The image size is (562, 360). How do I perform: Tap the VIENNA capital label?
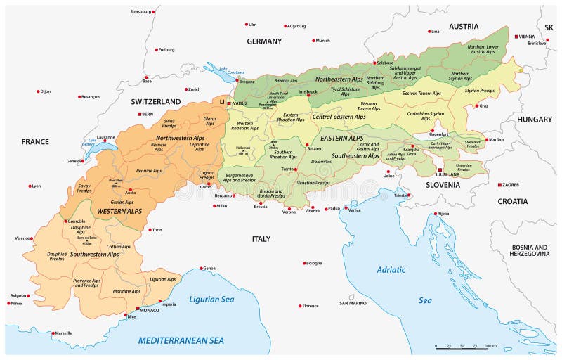(x=527, y=36)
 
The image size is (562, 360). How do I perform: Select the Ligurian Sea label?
(x=210, y=300)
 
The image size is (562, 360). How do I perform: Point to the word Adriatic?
(x=391, y=269)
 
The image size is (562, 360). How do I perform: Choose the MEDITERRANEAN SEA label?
(x=181, y=340)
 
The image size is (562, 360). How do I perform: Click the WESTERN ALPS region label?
(x=119, y=211)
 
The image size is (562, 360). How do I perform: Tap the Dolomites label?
(x=320, y=162)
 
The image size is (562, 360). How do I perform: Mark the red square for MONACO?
(x=138, y=308)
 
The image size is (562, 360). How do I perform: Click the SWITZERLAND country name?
(x=156, y=102)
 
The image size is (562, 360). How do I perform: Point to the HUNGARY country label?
(x=535, y=120)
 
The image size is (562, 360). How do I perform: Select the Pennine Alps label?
(x=148, y=171)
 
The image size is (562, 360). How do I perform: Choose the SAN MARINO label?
(x=353, y=303)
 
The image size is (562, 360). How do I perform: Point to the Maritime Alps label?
(x=126, y=291)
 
